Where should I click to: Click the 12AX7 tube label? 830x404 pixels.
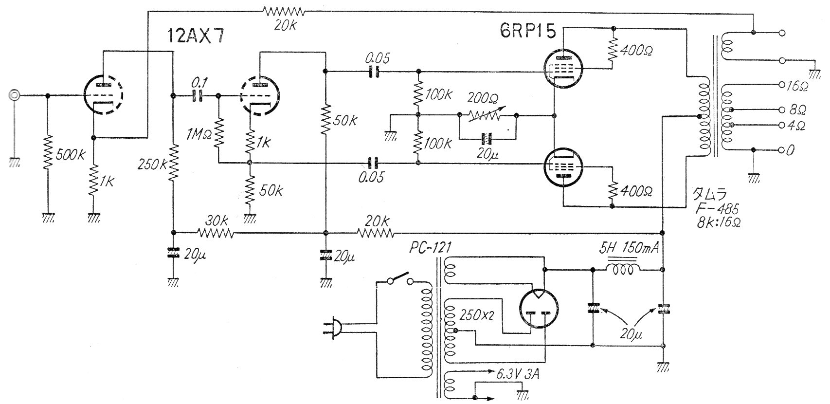[196, 36]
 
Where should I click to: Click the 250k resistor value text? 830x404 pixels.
[153, 164]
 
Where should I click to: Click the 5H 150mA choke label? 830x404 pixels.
[628, 249]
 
